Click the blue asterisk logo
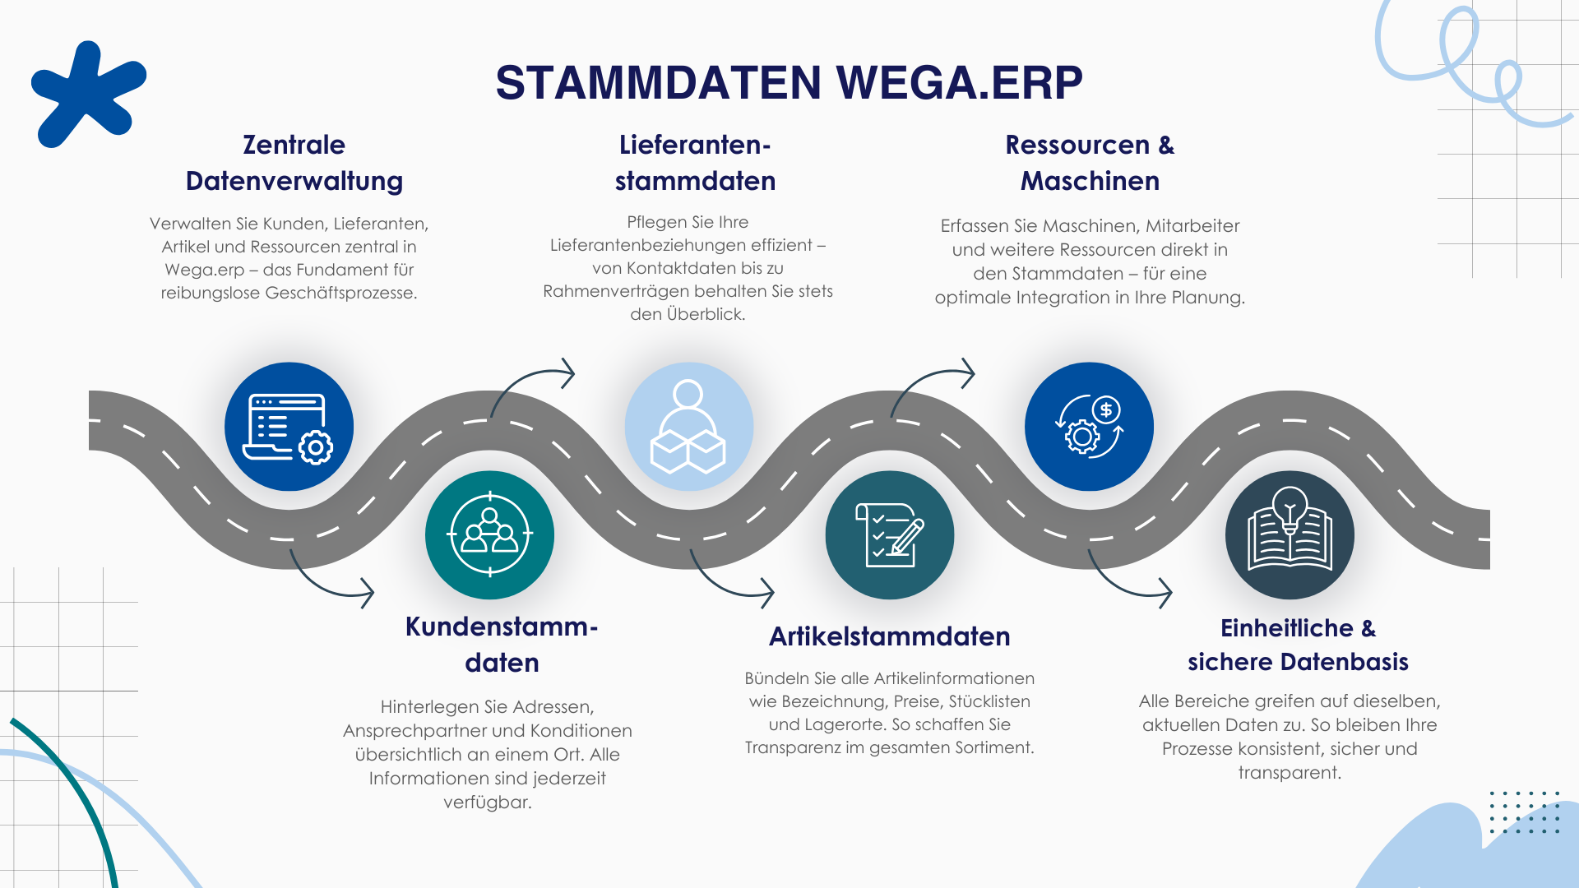[86, 93]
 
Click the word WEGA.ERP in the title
[959, 83]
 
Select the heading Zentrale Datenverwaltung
[294, 163]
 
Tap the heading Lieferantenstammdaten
[695, 163]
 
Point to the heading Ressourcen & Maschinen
[1090, 163]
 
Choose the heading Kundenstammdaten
[502, 645]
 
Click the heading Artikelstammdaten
[889, 636]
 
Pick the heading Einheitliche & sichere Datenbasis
[1298, 645]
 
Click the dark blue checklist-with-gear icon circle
[289, 427]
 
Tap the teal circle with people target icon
[489, 534]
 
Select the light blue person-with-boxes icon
[688, 427]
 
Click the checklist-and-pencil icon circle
[890, 534]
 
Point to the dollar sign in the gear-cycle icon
[1106, 409]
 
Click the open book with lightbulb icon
[1290, 534]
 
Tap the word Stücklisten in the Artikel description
[989, 701]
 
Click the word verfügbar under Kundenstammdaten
[487, 802]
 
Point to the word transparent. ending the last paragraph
[1289, 772]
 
